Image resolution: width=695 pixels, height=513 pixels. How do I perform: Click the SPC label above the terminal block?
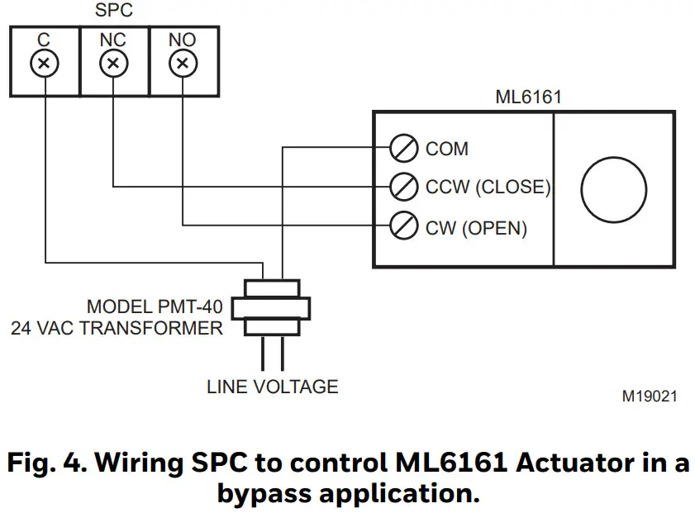pyautogui.click(x=115, y=12)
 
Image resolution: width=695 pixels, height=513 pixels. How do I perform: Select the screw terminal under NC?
pyautogui.click(x=114, y=63)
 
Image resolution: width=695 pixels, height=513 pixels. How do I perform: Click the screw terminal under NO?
pyautogui.click(x=183, y=63)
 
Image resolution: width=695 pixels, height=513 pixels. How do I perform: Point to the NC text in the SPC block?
pyautogui.click(x=114, y=40)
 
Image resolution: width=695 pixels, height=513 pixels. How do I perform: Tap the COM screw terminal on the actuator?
pyautogui.click(x=403, y=150)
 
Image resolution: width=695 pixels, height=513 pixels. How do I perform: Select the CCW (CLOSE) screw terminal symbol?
pyautogui.click(x=403, y=187)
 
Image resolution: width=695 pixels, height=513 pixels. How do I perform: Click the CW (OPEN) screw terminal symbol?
pyautogui.click(x=403, y=226)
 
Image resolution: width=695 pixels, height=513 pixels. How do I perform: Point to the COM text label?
pyautogui.click(x=447, y=150)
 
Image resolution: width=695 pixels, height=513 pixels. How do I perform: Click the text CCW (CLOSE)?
pyautogui.click(x=488, y=188)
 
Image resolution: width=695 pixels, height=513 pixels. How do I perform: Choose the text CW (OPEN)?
pyautogui.click(x=476, y=226)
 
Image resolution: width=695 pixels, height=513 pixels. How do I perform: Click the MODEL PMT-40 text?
pyautogui.click(x=154, y=307)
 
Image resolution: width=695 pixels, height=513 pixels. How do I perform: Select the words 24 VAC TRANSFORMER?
pyautogui.click(x=117, y=328)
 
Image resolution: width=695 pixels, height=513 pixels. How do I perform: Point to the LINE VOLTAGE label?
pyautogui.click(x=272, y=386)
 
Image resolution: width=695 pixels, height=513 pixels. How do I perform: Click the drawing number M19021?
pyautogui.click(x=650, y=397)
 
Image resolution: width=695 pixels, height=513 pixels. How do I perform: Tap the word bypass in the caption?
pyautogui.click(x=264, y=493)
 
